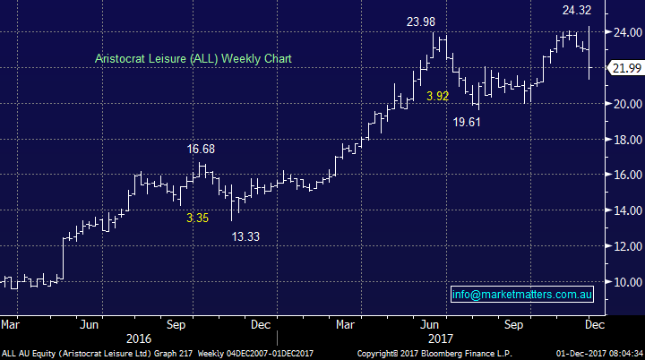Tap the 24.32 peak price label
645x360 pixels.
575,11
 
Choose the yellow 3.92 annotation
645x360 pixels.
437,96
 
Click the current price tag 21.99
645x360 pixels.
625,68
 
